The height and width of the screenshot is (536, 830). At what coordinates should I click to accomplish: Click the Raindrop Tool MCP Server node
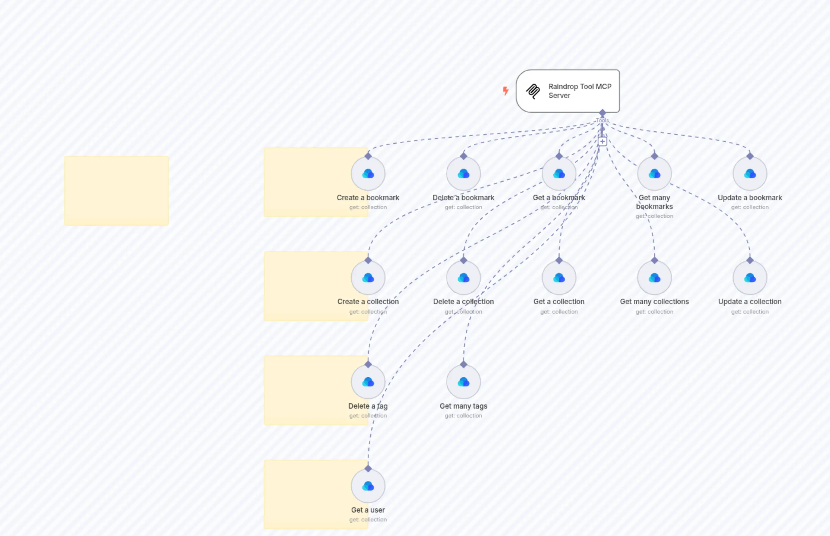click(567, 91)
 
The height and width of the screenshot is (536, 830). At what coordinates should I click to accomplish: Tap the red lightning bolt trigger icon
click(506, 91)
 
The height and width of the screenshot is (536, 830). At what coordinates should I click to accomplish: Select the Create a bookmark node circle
click(368, 173)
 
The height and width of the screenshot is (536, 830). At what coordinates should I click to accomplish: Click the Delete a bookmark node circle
click(463, 173)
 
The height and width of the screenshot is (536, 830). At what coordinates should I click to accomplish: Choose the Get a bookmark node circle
click(559, 173)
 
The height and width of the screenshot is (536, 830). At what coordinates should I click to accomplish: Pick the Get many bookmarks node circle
click(654, 173)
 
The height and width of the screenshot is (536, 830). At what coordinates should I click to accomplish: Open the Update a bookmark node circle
click(749, 173)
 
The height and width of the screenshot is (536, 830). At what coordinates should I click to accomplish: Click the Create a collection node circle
click(368, 277)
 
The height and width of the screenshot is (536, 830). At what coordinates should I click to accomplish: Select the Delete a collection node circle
click(463, 277)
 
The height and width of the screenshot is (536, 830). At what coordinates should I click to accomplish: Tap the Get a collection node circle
click(559, 277)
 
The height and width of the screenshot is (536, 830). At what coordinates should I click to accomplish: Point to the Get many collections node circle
click(654, 277)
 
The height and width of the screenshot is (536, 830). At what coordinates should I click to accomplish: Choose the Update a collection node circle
click(749, 277)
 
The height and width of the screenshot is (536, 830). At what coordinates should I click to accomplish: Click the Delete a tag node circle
click(368, 382)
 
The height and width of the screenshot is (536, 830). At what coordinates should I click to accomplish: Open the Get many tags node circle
click(463, 382)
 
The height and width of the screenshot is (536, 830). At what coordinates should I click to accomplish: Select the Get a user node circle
click(368, 486)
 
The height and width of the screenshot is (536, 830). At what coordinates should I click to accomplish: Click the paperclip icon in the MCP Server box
click(533, 91)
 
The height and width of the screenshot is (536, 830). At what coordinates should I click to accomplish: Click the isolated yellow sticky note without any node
click(116, 191)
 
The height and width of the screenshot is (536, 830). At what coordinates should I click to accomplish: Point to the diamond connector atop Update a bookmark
click(749, 156)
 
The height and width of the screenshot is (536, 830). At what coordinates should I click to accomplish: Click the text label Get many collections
click(654, 301)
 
